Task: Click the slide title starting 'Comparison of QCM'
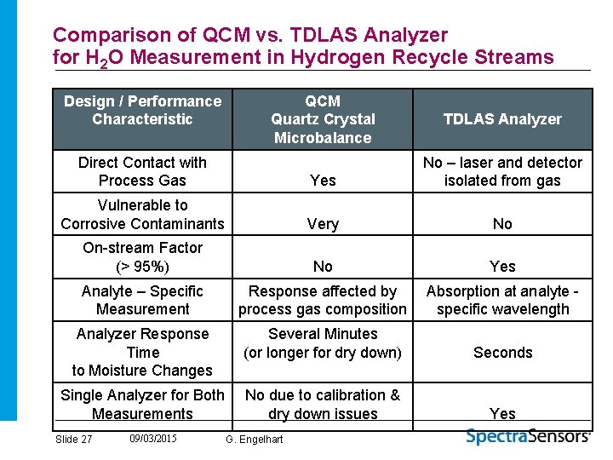[x=302, y=46]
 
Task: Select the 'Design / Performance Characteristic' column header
[x=142, y=110]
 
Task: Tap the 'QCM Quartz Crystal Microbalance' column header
[x=323, y=119]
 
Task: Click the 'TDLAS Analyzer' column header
[x=502, y=119]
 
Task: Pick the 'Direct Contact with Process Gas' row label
[x=142, y=171]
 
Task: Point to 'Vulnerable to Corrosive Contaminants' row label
[x=142, y=215]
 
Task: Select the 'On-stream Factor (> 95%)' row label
[x=142, y=257]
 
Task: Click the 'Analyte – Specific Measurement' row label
[x=142, y=300]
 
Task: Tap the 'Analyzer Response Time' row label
[x=142, y=352]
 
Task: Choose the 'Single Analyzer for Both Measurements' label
[x=142, y=405]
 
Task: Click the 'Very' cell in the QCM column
[x=323, y=224]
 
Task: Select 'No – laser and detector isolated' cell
[x=502, y=171]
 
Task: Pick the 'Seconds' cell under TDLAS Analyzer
[x=502, y=353]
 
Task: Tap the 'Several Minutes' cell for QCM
[x=323, y=343]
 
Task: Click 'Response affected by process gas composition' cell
[x=323, y=300]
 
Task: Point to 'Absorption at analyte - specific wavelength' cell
[x=502, y=300]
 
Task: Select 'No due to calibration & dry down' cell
[x=323, y=405]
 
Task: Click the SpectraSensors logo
[x=528, y=436]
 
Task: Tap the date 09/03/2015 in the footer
[x=154, y=438]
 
